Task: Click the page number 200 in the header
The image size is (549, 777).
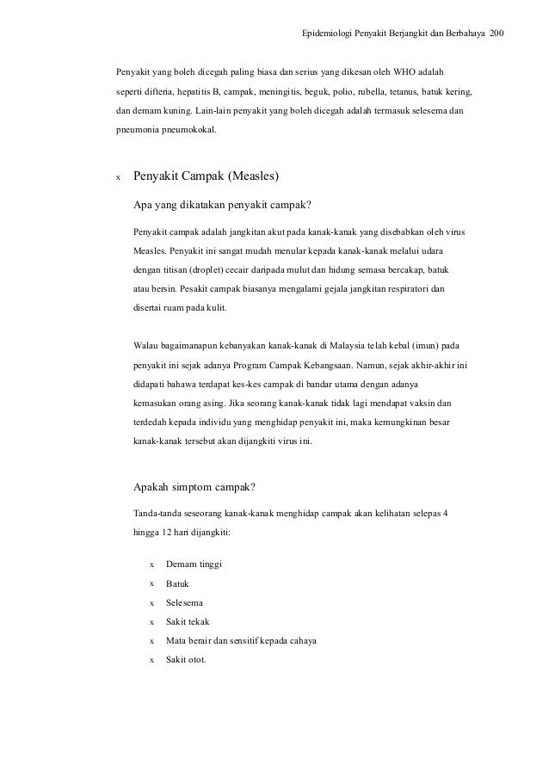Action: pyautogui.click(x=497, y=34)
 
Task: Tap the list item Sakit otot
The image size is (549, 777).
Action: pyautogui.click(x=186, y=660)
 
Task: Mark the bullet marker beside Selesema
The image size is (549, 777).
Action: pyautogui.click(x=152, y=602)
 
